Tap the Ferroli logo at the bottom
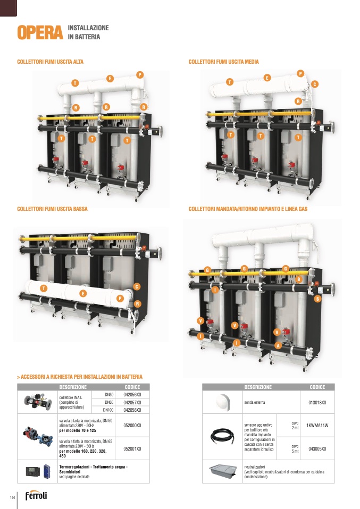tap(36, 496)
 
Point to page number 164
tap(12, 497)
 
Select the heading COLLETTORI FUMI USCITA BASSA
tap(52, 209)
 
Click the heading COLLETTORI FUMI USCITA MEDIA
tap(223, 62)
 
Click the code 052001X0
tap(132, 448)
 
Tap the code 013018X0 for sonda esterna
tap(317, 403)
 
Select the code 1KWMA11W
tap(317, 426)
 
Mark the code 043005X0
tap(317, 448)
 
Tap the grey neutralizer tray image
tap(222, 470)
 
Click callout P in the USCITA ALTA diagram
tap(140, 74)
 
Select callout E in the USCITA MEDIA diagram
tap(267, 78)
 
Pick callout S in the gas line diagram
tap(317, 299)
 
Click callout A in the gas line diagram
tap(277, 345)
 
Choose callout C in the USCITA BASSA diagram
tap(137, 287)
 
